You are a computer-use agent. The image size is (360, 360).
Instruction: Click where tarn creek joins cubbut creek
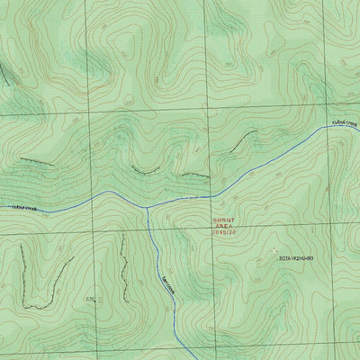(x=146, y=206)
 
